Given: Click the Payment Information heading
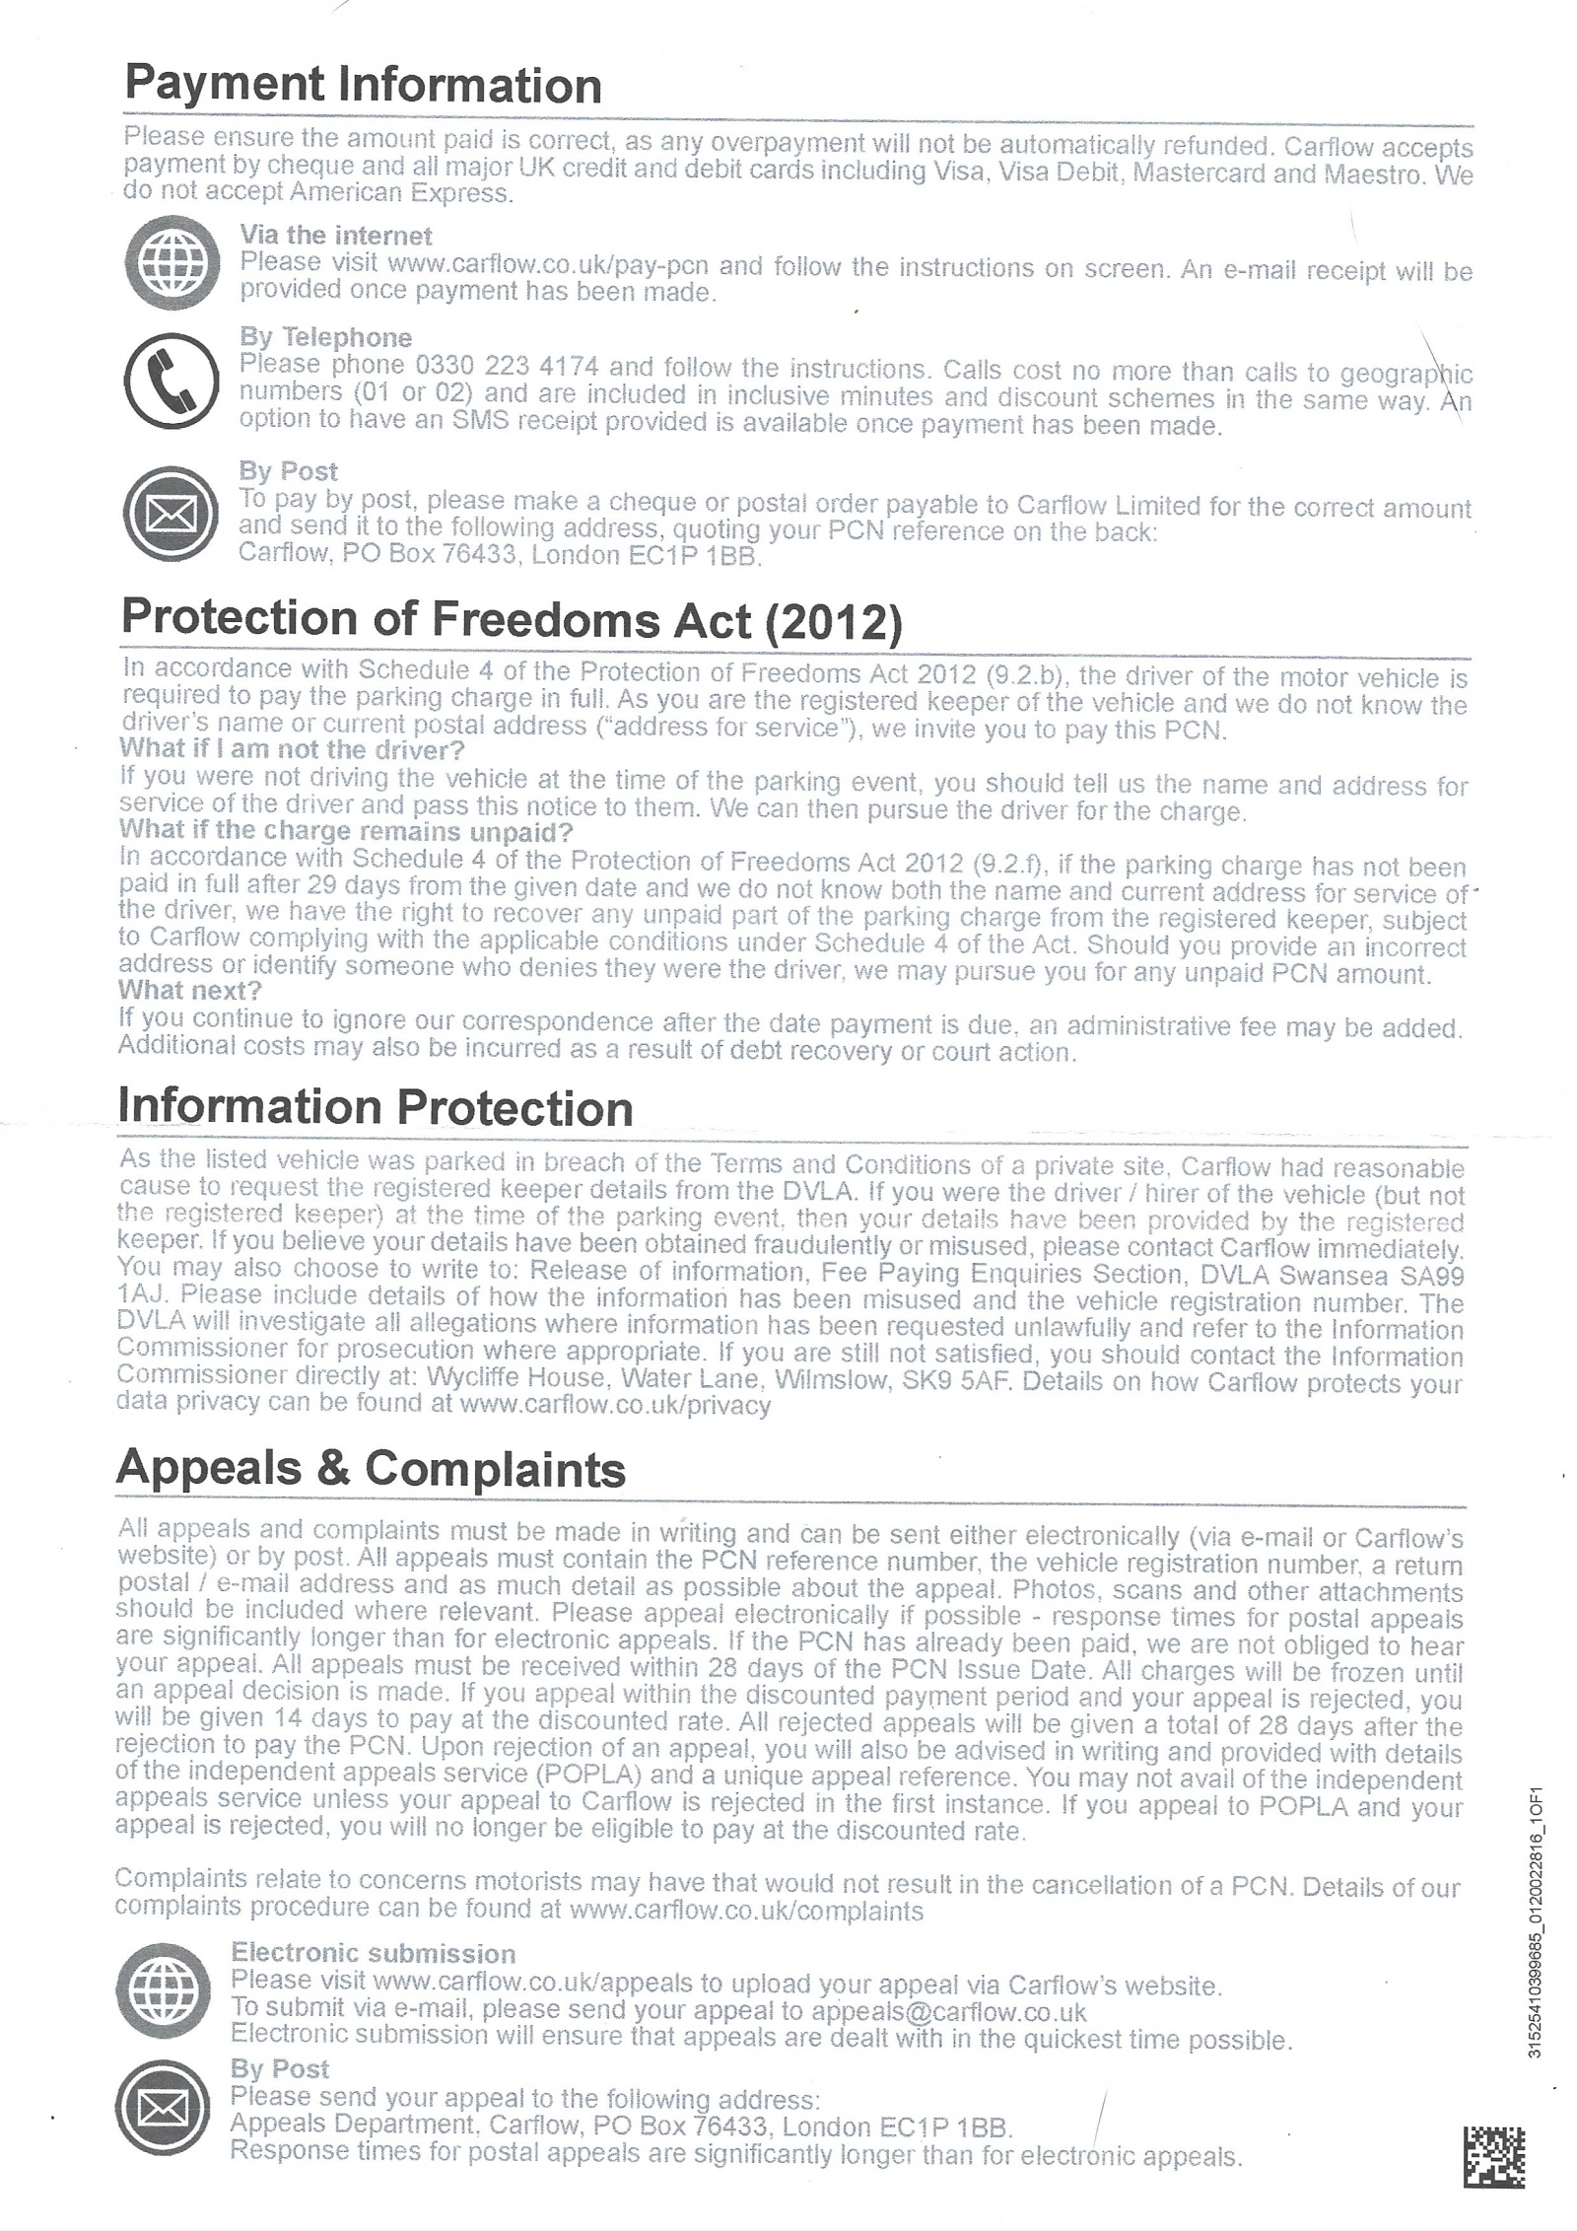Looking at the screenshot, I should pos(362,86).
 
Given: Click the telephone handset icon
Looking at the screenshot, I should pos(171,381).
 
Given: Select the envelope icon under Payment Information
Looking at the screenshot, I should pos(171,513).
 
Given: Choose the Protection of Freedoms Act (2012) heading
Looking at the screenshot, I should pos(511,621).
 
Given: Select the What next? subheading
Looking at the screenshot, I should pos(190,991).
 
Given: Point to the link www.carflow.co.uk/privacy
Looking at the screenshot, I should pos(615,1406).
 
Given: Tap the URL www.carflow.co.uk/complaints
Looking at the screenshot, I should pos(746,1912).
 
